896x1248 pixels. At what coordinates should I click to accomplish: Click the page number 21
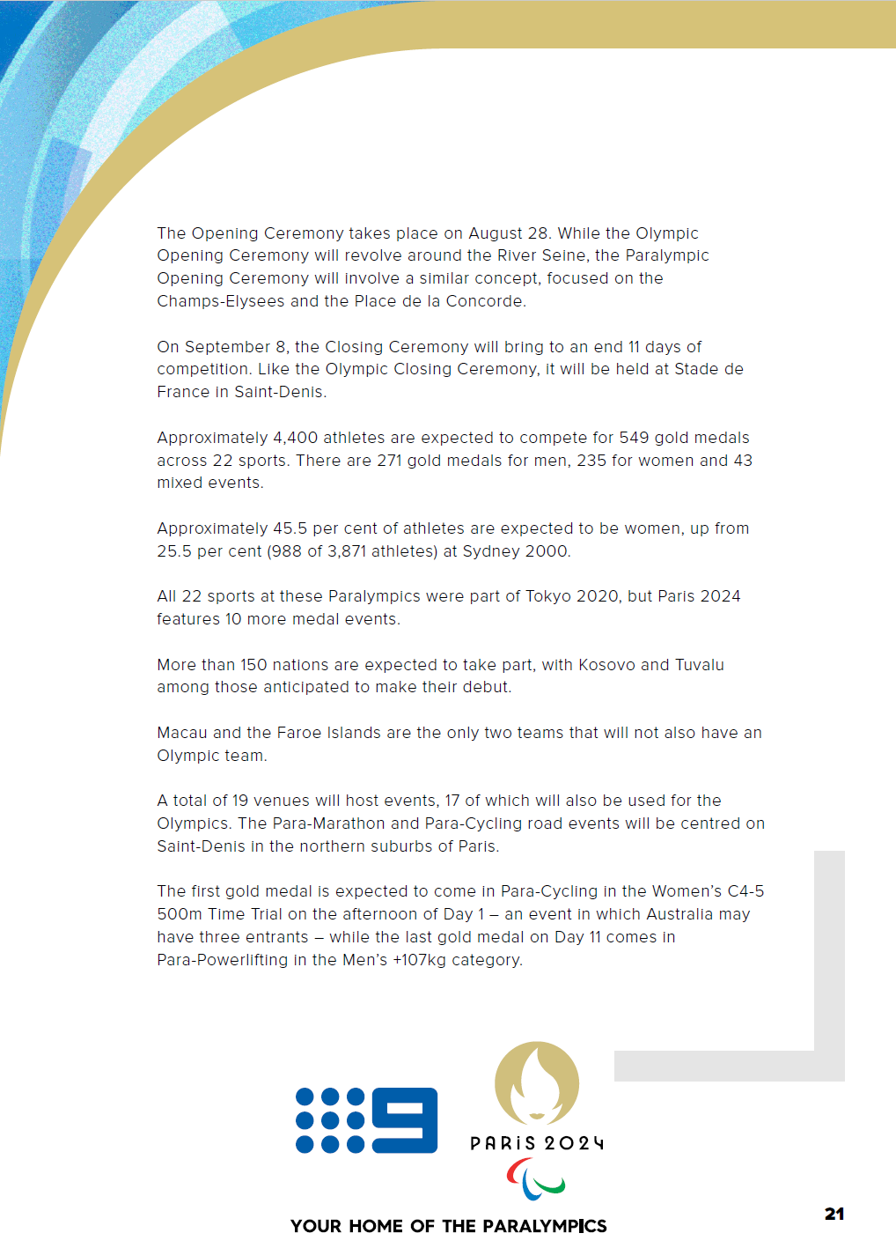(834, 1214)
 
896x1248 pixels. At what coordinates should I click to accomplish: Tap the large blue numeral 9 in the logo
(405, 1119)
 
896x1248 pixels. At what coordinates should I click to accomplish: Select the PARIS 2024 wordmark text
(537, 1143)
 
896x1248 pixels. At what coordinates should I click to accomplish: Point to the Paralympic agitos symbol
(535, 1179)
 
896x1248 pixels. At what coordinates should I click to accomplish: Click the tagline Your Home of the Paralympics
(449, 1226)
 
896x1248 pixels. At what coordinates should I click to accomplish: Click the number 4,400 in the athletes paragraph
(295, 438)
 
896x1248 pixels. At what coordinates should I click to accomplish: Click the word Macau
(182, 733)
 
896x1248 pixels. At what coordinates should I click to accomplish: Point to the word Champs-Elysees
(221, 301)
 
